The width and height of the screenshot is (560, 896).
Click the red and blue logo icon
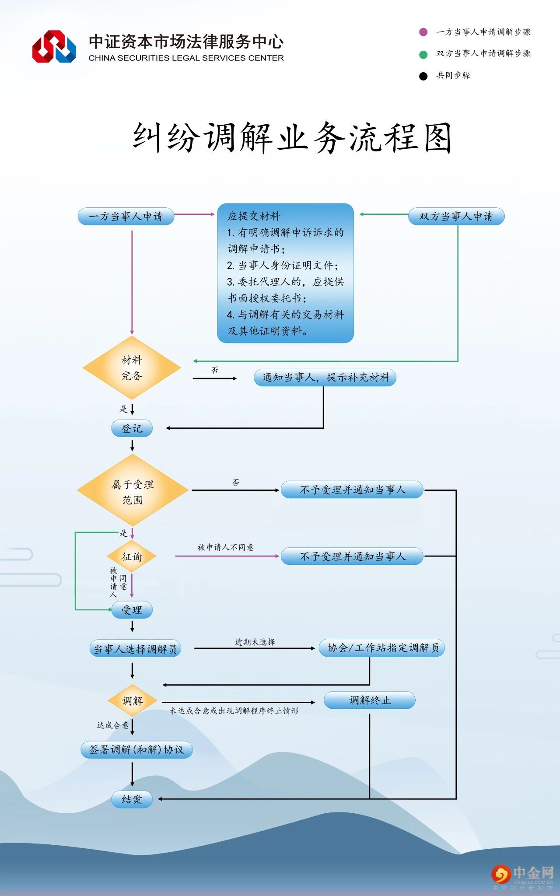click(54, 46)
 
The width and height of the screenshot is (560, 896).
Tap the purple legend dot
click(423, 32)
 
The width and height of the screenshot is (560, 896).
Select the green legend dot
click(423, 54)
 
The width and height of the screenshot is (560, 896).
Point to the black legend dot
click(423, 76)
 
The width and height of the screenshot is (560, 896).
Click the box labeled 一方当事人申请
click(126, 217)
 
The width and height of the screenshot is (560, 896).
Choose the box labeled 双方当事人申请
click(456, 217)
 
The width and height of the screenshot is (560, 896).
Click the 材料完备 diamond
click(132, 368)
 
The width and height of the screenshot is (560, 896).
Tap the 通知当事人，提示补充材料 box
click(325, 378)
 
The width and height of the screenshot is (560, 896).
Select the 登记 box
click(132, 428)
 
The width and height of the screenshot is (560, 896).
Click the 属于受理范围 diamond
click(133, 490)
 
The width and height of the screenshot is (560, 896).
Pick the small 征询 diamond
click(132, 556)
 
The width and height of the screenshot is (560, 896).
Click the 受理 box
click(132, 610)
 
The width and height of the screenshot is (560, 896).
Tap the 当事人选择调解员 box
click(135, 649)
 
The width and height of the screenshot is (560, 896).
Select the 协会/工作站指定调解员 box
click(382, 648)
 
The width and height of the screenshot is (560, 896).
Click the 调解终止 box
click(369, 700)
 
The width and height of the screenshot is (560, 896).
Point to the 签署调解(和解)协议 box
click(136, 750)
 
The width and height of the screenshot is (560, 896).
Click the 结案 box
click(132, 799)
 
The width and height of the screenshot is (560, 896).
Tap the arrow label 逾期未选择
click(255, 642)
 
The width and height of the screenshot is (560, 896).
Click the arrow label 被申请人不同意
click(225, 547)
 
